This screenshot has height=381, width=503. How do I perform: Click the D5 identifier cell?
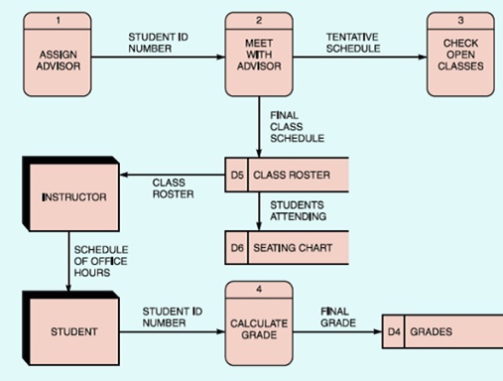pyautogui.click(x=236, y=176)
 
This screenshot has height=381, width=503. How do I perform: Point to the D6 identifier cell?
pyautogui.click(x=236, y=247)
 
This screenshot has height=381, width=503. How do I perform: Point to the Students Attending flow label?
pyautogui.click(x=297, y=210)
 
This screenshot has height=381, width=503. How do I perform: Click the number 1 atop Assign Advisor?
pyautogui.click(x=59, y=20)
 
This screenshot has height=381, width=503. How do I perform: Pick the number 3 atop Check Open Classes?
pyautogui.click(x=460, y=20)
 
